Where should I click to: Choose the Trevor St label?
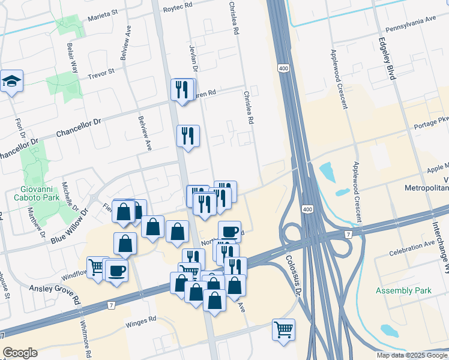100,74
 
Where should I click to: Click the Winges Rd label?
140,322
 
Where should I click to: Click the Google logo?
20,353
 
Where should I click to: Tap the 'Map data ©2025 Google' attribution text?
412,355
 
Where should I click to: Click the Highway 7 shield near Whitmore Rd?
112,306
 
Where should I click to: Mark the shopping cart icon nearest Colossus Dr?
283,329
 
